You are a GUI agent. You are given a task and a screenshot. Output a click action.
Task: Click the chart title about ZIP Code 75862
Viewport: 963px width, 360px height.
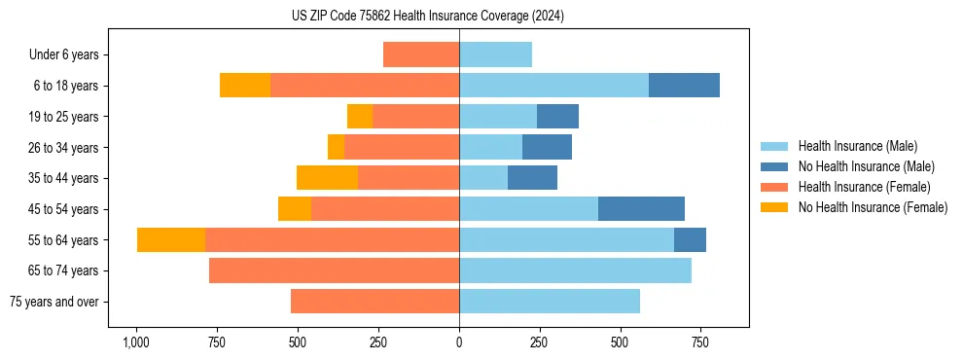[428, 16]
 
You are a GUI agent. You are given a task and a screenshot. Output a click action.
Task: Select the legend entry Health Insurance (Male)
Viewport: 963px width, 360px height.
[857, 146]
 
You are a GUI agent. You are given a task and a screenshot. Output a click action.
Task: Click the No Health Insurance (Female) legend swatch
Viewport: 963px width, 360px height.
[775, 207]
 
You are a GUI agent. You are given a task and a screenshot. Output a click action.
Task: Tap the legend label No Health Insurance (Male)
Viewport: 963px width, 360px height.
[866, 166]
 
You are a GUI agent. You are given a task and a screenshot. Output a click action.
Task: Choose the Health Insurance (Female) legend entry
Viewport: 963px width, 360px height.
[864, 187]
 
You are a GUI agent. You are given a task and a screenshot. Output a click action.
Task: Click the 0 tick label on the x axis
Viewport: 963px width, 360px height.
[459, 342]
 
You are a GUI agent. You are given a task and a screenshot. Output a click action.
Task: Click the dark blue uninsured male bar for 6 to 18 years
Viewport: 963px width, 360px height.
[684, 86]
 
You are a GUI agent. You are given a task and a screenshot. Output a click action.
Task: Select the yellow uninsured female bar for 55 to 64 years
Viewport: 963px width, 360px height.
[171, 240]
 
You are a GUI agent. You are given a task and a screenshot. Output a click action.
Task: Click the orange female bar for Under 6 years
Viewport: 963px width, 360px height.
[421, 54]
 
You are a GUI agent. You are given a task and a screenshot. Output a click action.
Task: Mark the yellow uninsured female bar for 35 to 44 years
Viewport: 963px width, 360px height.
[327, 178]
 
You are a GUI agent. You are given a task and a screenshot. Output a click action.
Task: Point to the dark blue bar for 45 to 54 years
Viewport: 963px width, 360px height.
[641, 209]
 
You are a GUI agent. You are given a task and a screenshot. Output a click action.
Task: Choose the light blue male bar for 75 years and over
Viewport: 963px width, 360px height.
[550, 302]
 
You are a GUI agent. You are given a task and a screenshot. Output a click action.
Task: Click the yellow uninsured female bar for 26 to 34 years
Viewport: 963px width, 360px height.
[336, 147]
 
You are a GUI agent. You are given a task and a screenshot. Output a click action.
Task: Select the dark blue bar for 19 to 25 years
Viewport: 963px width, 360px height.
[557, 117]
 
